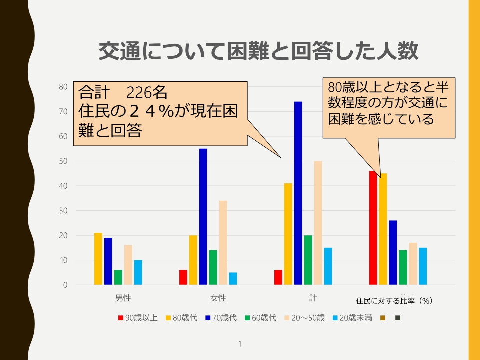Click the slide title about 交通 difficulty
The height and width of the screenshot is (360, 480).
pyautogui.click(x=258, y=51)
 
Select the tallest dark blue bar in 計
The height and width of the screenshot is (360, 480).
pyautogui.click(x=298, y=193)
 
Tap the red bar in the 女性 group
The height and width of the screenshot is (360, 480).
pyautogui.click(x=183, y=277)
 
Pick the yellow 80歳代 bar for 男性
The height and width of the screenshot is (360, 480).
pyautogui.click(x=98, y=259)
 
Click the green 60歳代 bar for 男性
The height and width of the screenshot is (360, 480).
pyautogui.click(x=118, y=277)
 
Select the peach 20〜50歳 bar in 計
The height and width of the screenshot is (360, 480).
pyautogui.click(x=318, y=223)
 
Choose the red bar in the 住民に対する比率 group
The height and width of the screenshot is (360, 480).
pyautogui.click(x=373, y=228)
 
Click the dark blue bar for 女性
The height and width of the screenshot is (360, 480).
pyautogui.click(x=203, y=217)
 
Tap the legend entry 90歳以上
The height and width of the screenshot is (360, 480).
pyautogui.click(x=138, y=317)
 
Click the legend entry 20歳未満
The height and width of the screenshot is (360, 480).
pyautogui.click(x=352, y=317)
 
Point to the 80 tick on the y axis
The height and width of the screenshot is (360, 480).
pyautogui.click(x=63, y=87)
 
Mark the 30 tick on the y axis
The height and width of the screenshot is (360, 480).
pyautogui.click(x=63, y=211)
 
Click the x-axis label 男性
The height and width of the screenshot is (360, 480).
pyautogui.click(x=123, y=298)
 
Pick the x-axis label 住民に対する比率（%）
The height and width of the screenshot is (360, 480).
pyautogui.click(x=394, y=301)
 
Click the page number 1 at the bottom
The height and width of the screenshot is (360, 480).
pyautogui.click(x=240, y=344)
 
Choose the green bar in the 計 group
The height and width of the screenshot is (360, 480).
pyautogui.click(x=308, y=260)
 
